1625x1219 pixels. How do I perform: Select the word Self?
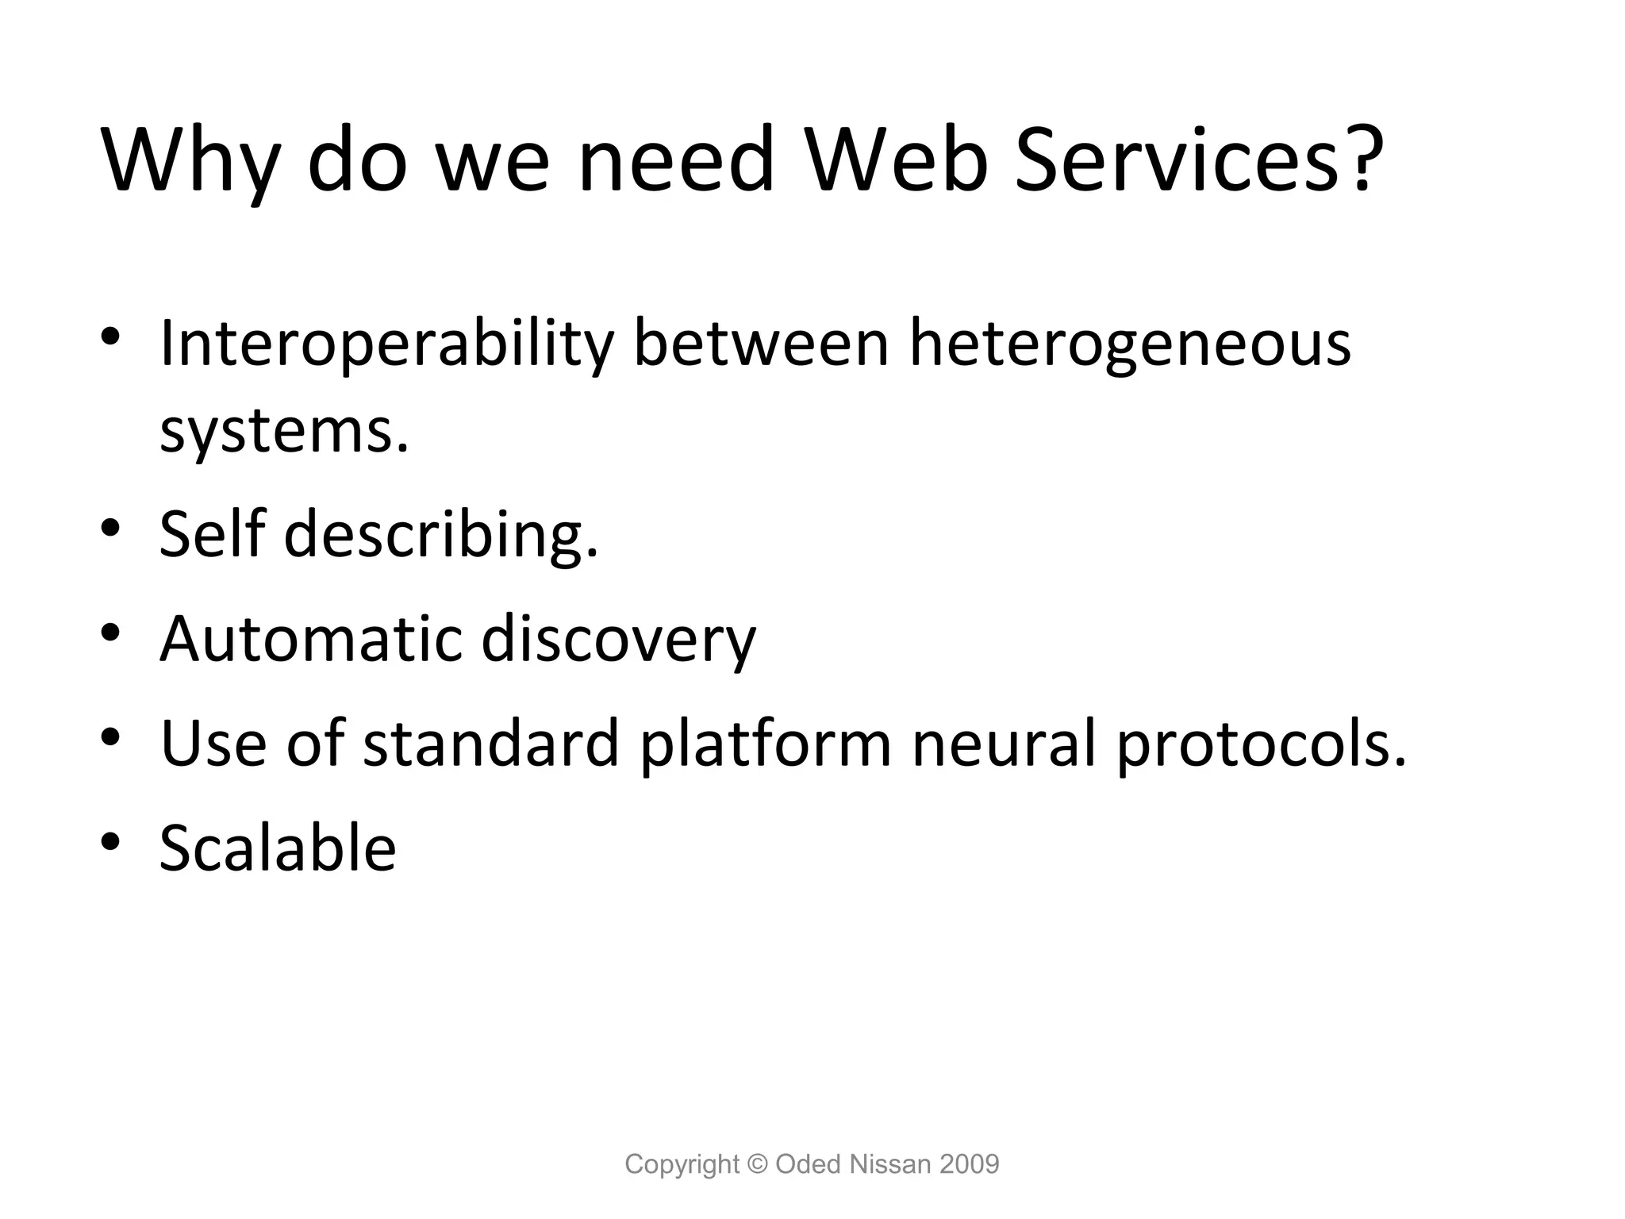(x=211, y=533)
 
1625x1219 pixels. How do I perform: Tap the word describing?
(x=440, y=535)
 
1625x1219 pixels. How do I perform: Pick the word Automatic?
(x=310, y=638)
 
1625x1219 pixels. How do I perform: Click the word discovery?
(x=619, y=640)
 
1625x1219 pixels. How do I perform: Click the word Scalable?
(x=278, y=848)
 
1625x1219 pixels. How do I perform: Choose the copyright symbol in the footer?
(x=758, y=1164)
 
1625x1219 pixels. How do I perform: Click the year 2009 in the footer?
(x=969, y=1164)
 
